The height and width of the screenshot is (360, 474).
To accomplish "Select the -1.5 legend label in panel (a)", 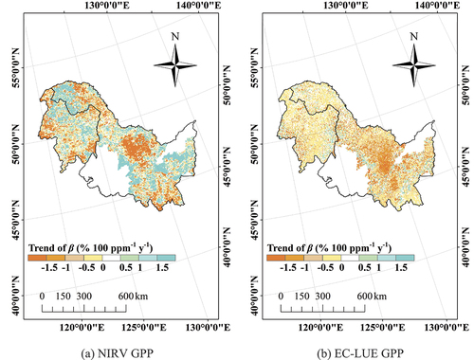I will (x=38, y=241).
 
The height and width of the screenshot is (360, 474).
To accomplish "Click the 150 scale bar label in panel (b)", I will (x=300, y=269).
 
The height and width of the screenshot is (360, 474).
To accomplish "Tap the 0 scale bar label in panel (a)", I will (x=44, y=269).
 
